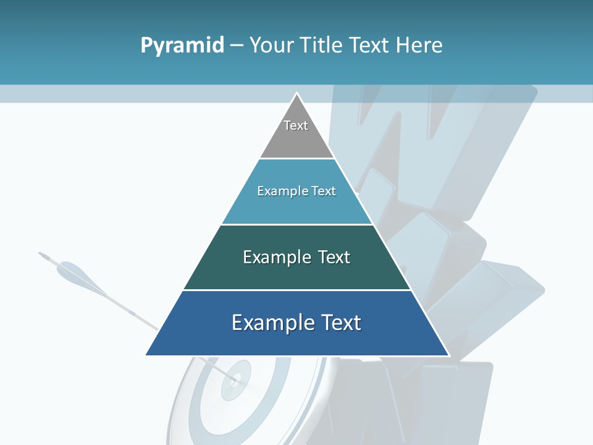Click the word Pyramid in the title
coord(182,46)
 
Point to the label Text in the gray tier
coord(296,125)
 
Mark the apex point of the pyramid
coord(297,93)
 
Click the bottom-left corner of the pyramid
coord(146,355)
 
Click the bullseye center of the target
coord(235,377)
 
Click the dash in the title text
coord(236,46)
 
